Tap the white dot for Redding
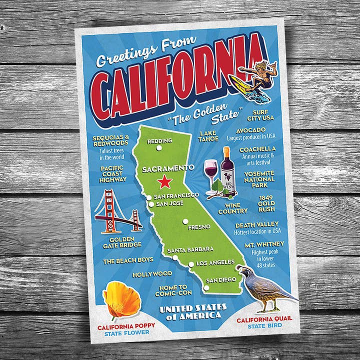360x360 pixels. (159, 147)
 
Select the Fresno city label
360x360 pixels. (198, 227)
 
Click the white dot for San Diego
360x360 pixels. (206, 287)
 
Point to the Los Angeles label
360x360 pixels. (215, 262)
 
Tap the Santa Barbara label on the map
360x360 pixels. (190, 249)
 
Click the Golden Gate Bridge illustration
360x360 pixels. (117, 212)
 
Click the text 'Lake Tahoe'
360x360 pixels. (208, 136)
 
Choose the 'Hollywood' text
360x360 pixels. (152, 274)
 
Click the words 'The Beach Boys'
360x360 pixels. (127, 260)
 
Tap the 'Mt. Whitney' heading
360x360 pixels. (264, 244)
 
